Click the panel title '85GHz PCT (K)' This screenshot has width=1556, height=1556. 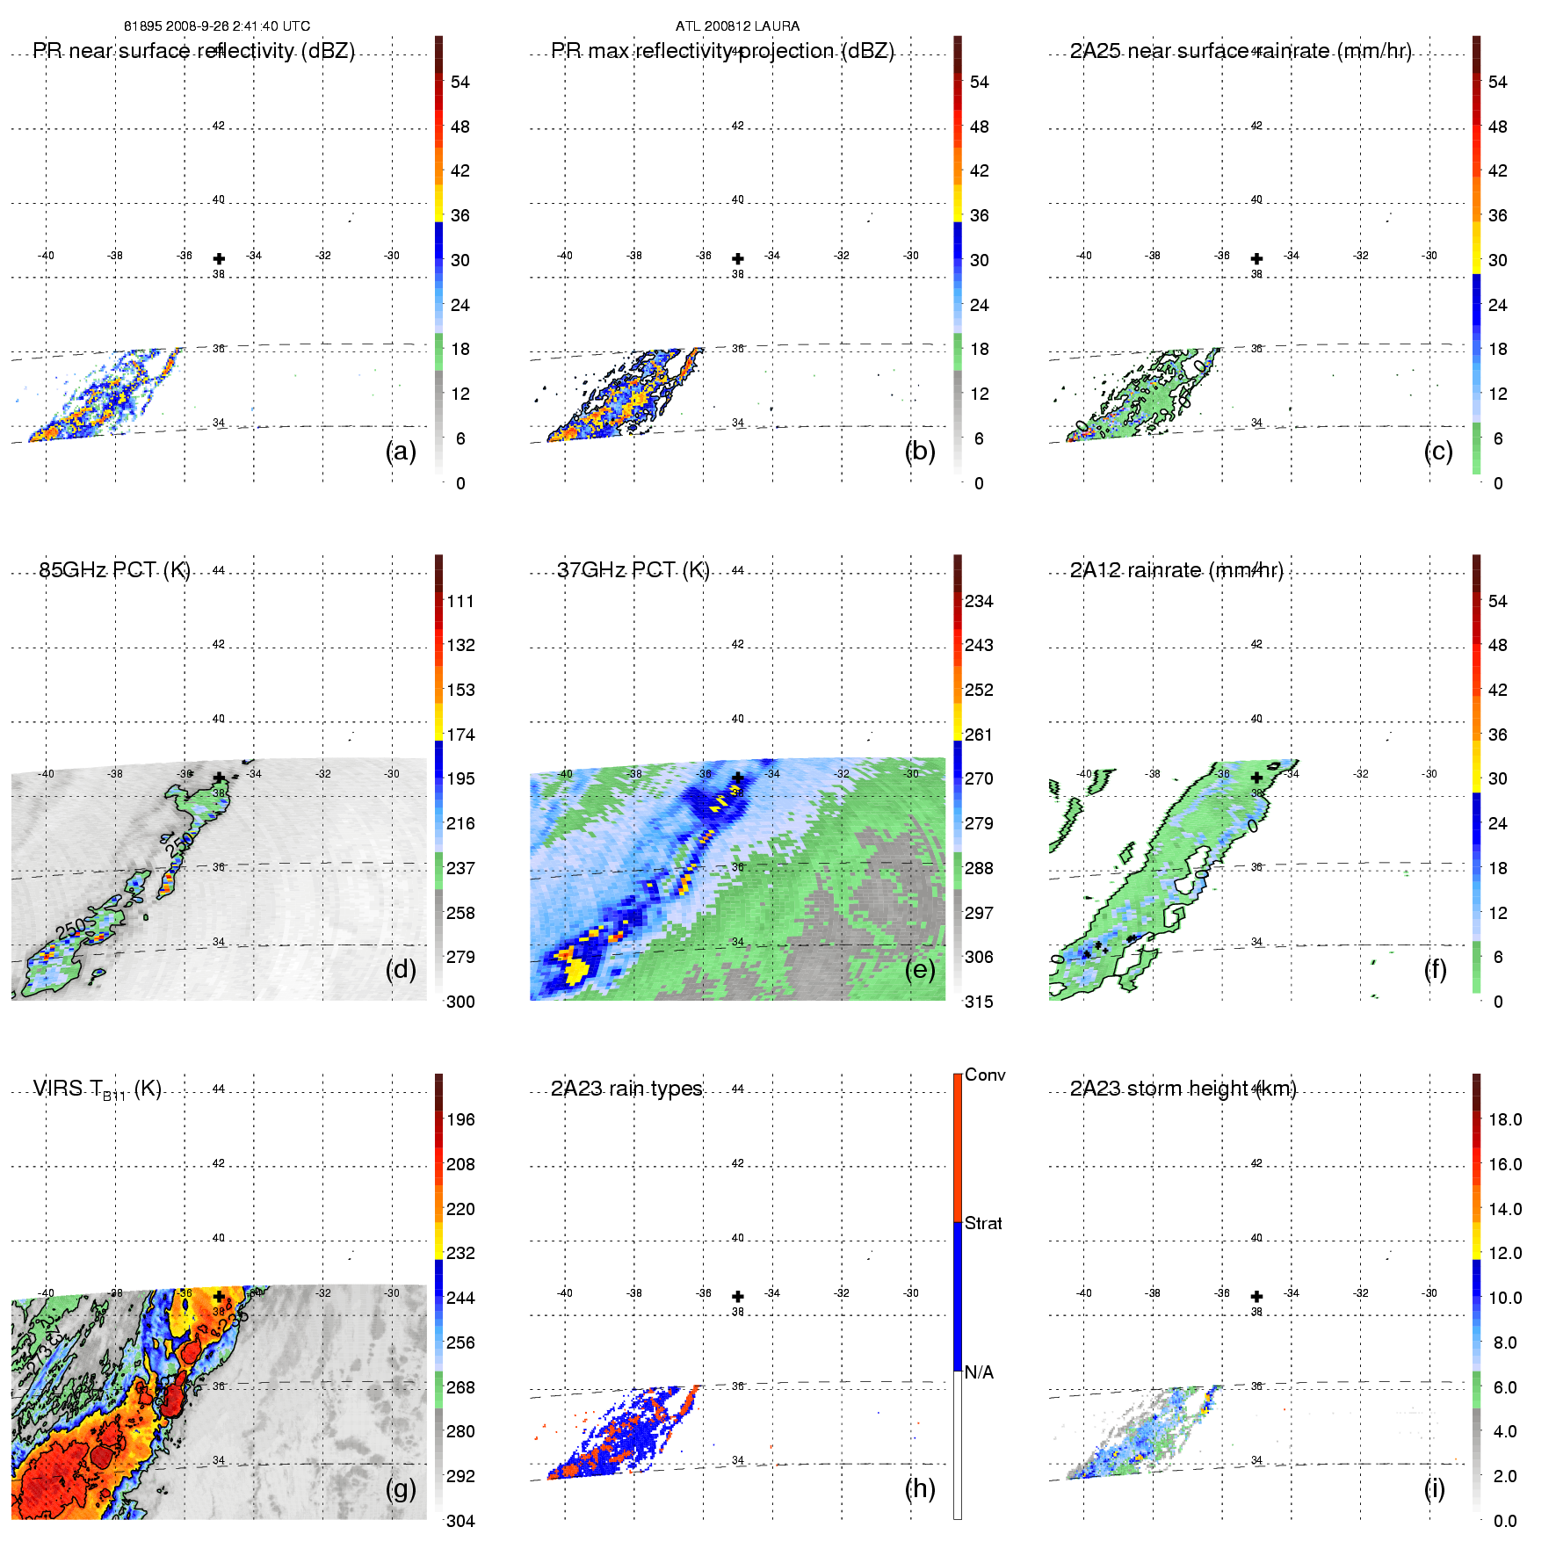[x=114, y=570]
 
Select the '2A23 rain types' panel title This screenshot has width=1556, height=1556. [x=626, y=1089]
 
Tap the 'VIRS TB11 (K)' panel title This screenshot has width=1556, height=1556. [x=97, y=1089]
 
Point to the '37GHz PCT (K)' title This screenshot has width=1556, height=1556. [x=633, y=570]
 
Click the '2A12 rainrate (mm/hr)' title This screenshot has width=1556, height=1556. [x=1176, y=570]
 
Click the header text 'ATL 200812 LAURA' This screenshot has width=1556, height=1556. [x=737, y=26]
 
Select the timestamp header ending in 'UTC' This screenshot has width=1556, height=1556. [x=217, y=26]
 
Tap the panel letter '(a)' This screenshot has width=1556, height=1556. [x=401, y=451]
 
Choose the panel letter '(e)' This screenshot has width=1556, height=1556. [x=920, y=969]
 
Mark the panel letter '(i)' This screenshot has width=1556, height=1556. [x=1434, y=1487]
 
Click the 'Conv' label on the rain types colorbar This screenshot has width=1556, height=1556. [x=985, y=1075]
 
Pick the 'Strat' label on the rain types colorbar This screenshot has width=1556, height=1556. [x=983, y=1223]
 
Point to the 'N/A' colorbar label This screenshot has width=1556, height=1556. [x=979, y=1371]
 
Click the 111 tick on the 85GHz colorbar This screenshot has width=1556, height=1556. [x=460, y=601]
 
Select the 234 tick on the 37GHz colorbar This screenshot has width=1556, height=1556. [x=979, y=601]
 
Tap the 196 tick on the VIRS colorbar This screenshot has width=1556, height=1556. [x=460, y=1119]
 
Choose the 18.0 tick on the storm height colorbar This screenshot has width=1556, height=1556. [x=1505, y=1119]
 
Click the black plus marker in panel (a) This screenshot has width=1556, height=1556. [x=219, y=258]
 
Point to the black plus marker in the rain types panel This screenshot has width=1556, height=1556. [x=738, y=1296]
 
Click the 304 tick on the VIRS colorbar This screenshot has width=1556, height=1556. [x=460, y=1521]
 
